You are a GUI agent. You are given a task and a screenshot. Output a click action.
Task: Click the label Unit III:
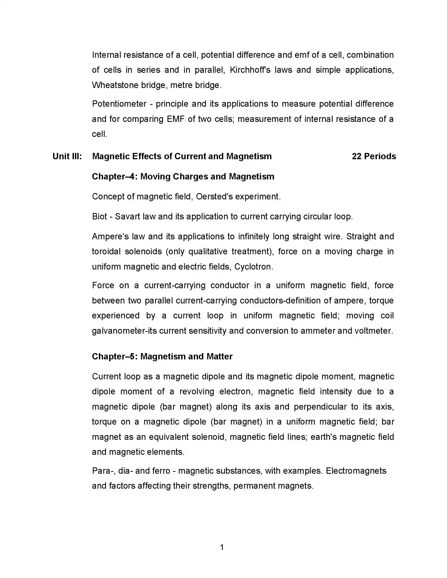click(x=67, y=156)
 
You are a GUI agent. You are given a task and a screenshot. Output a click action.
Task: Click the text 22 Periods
click(x=374, y=156)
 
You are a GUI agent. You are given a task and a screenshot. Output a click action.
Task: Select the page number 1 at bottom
click(x=222, y=547)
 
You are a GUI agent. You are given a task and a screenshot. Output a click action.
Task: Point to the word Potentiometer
click(x=119, y=104)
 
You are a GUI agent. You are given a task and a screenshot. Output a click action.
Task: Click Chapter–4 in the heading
click(x=114, y=177)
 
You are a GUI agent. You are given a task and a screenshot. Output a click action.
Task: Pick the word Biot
click(x=99, y=216)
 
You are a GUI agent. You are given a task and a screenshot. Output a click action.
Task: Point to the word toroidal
click(x=106, y=251)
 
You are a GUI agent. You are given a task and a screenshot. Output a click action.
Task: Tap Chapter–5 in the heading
click(x=114, y=357)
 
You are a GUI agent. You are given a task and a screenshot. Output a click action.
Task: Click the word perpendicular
click(x=320, y=407)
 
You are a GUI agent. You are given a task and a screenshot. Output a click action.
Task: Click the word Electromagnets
click(x=356, y=471)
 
